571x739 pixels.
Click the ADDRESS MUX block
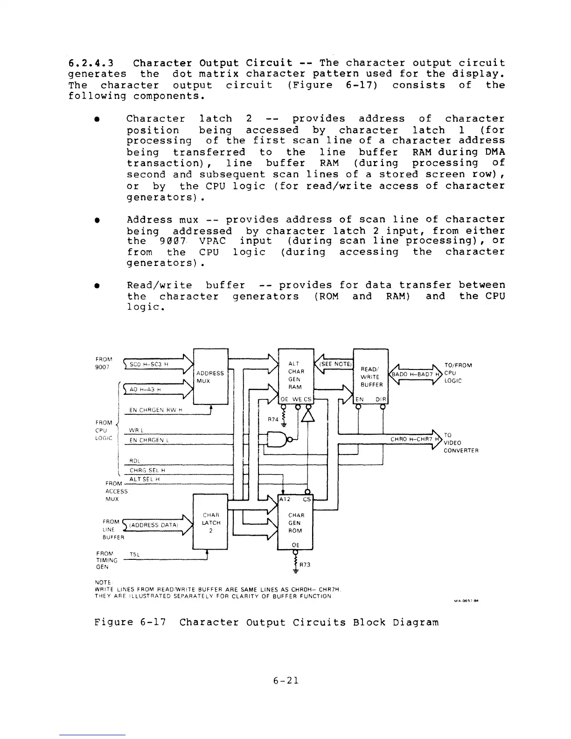pyautogui.click(x=210, y=376)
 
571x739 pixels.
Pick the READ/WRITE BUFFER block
pyautogui.click(x=371, y=376)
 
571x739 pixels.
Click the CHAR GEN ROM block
pyautogui.click(x=296, y=523)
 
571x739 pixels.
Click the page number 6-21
pyautogui.click(x=285, y=680)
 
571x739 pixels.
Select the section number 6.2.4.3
pyautogui.click(x=91, y=63)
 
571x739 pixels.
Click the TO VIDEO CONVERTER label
pyautogui.click(x=460, y=442)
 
